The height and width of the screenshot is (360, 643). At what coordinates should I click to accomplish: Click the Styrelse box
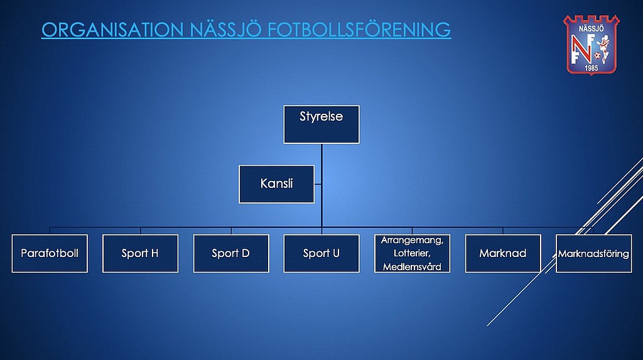click(x=321, y=124)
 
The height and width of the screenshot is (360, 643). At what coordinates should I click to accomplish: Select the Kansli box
click(x=276, y=184)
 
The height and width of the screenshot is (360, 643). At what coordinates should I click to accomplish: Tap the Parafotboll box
click(x=50, y=253)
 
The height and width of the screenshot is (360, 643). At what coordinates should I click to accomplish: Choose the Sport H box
click(x=140, y=253)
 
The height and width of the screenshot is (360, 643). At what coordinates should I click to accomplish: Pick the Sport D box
click(x=231, y=253)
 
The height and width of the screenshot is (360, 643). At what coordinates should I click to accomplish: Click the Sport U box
click(x=321, y=253)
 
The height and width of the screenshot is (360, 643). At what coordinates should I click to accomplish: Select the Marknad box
click(x=503, y=253)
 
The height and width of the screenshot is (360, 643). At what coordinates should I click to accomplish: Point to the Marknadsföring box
click(x=593, y=253)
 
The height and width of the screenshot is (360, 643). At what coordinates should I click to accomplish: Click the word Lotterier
click(x=412, y=253)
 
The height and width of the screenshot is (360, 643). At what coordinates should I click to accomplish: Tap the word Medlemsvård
click(x=412, y=267)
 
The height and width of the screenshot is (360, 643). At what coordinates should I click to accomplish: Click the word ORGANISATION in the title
click(x=112, y=30)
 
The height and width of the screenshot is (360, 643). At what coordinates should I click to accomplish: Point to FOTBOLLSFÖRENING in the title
click(x=359, y=29)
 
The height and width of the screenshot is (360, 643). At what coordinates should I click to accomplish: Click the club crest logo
click(x=592, y=45)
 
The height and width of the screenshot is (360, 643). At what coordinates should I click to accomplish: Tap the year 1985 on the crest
click(x=591, y=68)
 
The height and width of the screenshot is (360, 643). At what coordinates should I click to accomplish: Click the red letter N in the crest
click(x=581, y=48)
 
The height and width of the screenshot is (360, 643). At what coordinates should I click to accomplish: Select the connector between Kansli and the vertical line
click(x=318, y=184)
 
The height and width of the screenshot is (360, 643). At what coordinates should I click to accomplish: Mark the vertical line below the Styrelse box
click(x=322, y=185)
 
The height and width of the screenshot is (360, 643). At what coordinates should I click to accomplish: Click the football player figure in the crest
click(x=603, y=48)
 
